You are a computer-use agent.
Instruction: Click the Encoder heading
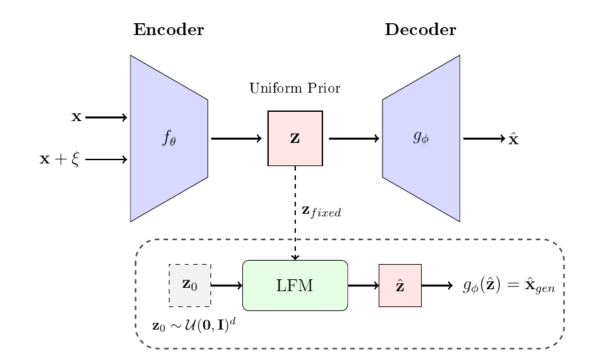click(x=168, y=30)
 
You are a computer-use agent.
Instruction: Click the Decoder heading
click(x=420, y=30)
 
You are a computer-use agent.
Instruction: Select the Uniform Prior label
click(x=295, y=89)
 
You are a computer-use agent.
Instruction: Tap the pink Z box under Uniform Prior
click(x=295, y=139)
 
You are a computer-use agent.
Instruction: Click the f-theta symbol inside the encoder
click(x=169, y=138)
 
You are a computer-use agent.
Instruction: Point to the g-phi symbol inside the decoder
click(x=420, y=138)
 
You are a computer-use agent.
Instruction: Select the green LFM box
click(x=295, y=285)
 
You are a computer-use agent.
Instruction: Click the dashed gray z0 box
click(x=189, y=285)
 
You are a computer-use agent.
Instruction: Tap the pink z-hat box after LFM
click(x=400, y=285)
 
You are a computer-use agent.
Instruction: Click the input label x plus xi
click(x=60, y=159)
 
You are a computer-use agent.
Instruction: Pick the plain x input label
click(x=76, y=118)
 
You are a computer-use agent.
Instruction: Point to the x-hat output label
click(x=513, y=140)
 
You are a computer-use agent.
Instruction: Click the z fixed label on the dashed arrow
click(x=320, y=212)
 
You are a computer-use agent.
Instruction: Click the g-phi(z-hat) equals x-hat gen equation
click(x=508, y=286)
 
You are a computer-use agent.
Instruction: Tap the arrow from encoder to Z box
click(x=236, y=139)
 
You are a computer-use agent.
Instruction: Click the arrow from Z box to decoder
click(x=354, y=139)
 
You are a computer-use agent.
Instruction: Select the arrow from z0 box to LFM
click(x=226, y=285)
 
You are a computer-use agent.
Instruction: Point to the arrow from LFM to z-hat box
click(x=363, y=285)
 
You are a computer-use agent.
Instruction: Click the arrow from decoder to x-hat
click(x=483, y=139)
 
